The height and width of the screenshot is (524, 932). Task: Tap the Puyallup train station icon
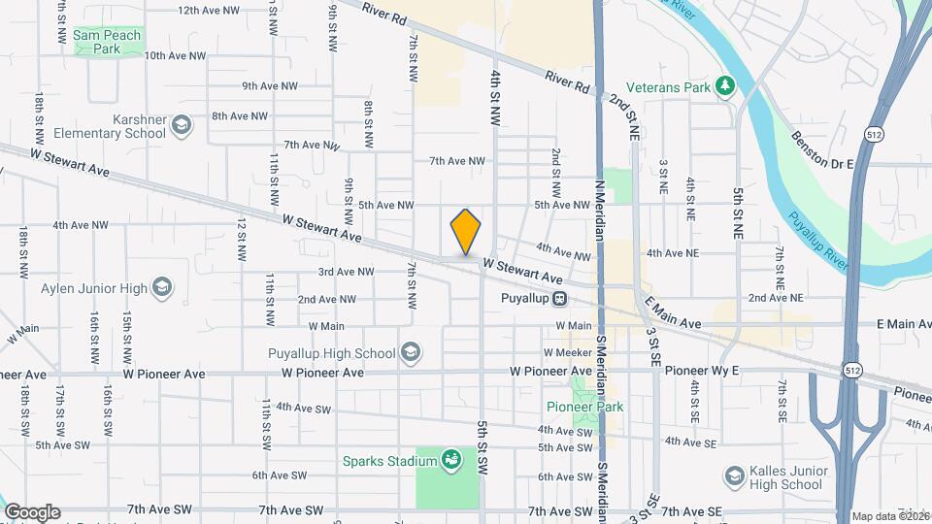point(561,298)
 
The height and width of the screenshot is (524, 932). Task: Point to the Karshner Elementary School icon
point(181,124)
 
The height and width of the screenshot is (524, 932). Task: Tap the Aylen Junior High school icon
point(162,288)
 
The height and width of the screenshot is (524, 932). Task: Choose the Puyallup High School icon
point(411,353)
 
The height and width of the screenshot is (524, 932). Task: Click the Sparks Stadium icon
point(449,459)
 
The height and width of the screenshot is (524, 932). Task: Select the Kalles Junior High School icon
point(735,476)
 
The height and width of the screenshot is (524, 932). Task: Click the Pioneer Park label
point(598,407)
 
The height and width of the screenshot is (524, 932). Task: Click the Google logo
point(32,512)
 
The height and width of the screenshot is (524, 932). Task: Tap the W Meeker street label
point(568,352)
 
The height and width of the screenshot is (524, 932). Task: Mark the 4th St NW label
point(495,97)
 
